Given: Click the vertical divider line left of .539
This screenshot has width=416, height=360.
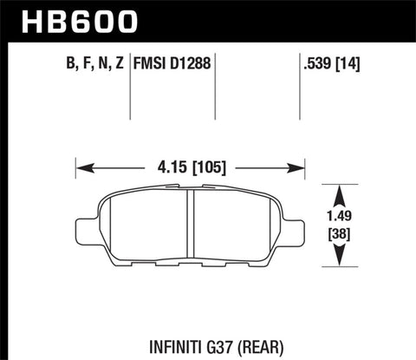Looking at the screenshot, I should [x=297, y=87].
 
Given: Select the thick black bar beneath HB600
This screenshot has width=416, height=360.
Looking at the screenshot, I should [x=208, y=40].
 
